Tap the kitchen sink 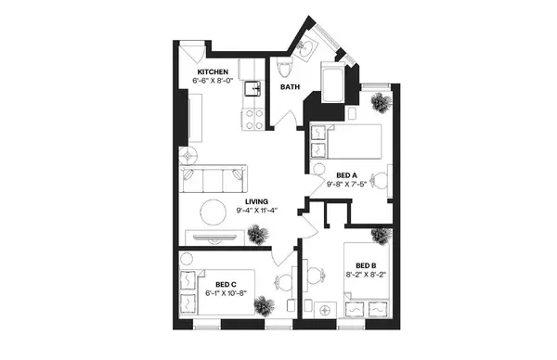click(x=251, y=90)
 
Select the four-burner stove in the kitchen click(x=252, y=118)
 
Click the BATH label click(x=291, y=88)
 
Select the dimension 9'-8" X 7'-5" click(x=347, y=184)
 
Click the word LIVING click(x=257, y=201)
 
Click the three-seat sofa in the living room click(x=214, y=178)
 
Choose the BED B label click(x=365, y=264)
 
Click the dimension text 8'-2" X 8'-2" click(x=365, y=275)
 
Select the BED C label click(x=227, y=284)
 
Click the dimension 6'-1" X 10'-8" click(x=226, y=293)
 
